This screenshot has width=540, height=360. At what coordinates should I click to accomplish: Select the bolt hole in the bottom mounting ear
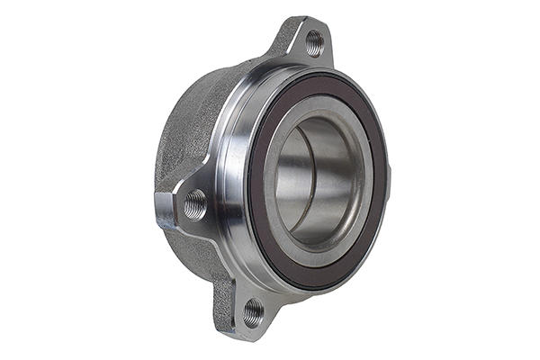coord(254,312)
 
